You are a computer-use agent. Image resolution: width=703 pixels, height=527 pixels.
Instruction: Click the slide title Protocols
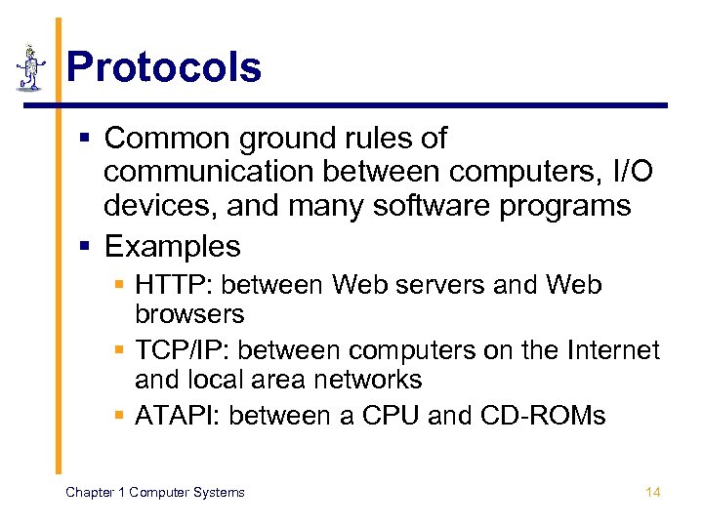pyautogui.click(x=164, y=67)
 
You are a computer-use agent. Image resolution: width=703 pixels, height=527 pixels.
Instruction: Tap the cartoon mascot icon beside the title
pyautogui.click(x=31, y=68)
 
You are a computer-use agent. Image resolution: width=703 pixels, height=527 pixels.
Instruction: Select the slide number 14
pyautogui.click(x=653, y=492)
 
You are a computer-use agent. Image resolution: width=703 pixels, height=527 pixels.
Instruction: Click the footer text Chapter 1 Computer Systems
pyautogui.click(x=154, y=492)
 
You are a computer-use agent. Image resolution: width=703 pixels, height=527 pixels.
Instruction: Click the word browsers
pyautogui.click(x=190, y=314)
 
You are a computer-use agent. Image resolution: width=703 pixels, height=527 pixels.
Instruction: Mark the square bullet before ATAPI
pyautogui.click(x=119, y=417)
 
